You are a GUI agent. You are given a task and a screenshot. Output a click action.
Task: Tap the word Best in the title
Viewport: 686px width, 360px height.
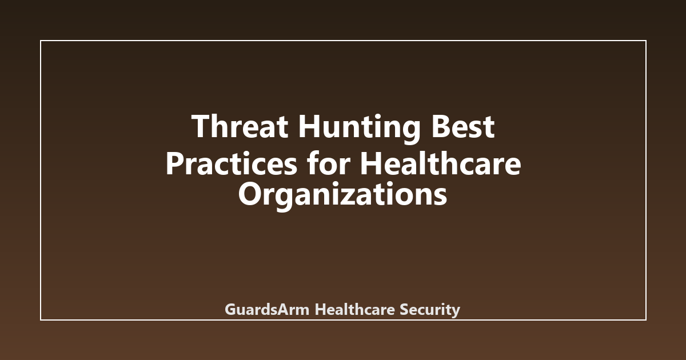(463, 126)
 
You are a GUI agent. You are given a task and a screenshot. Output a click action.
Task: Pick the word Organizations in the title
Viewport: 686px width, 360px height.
(342, 196)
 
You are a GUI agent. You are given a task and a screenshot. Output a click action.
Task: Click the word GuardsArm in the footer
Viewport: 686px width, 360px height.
(267, 310)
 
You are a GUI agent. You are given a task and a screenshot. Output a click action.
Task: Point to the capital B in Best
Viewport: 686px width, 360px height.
(441, 126)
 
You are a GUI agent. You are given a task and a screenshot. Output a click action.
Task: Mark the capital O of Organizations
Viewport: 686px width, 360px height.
(249, 195)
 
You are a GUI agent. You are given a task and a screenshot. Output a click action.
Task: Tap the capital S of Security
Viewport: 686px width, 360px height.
(403, 310)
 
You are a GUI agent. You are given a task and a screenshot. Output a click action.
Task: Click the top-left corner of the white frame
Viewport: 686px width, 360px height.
(41, 41)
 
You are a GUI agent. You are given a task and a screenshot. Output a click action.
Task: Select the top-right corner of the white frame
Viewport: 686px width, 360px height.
(645, 41)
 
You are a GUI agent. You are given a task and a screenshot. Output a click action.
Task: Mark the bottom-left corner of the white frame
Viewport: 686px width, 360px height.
(41, 319)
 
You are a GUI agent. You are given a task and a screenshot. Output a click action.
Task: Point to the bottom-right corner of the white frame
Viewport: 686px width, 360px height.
(645, 319)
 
